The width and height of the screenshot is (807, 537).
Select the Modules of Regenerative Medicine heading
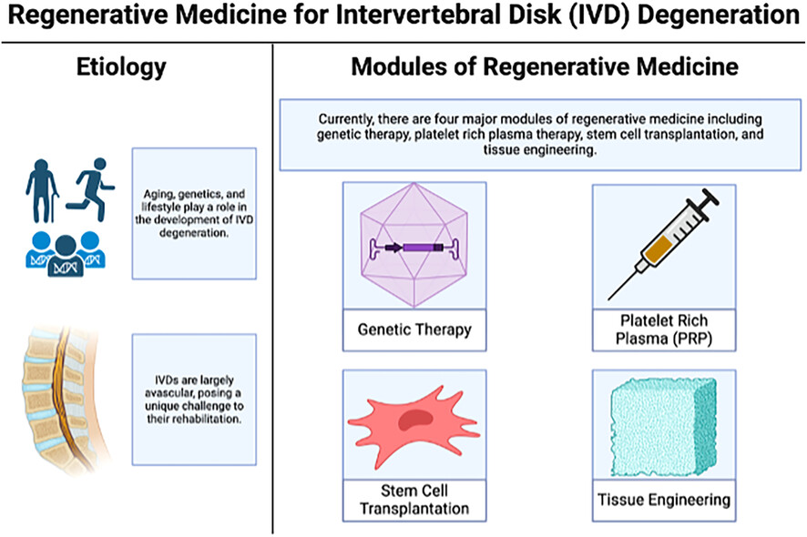545,66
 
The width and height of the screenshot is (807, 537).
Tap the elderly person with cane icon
42,191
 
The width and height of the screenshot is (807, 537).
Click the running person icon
90,189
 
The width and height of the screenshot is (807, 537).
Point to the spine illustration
65,400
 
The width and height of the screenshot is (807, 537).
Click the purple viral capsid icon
414,246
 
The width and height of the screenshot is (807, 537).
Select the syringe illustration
663,244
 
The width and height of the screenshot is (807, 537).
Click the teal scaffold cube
664,426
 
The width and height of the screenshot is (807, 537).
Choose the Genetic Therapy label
414,329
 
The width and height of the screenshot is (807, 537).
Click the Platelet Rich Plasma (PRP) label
664,329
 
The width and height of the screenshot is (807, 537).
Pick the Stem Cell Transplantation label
414,500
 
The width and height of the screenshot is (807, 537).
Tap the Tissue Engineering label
664,500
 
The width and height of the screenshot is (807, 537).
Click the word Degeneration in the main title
719,15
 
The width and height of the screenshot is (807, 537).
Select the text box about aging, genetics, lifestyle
194,214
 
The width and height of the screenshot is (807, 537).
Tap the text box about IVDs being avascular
194,400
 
